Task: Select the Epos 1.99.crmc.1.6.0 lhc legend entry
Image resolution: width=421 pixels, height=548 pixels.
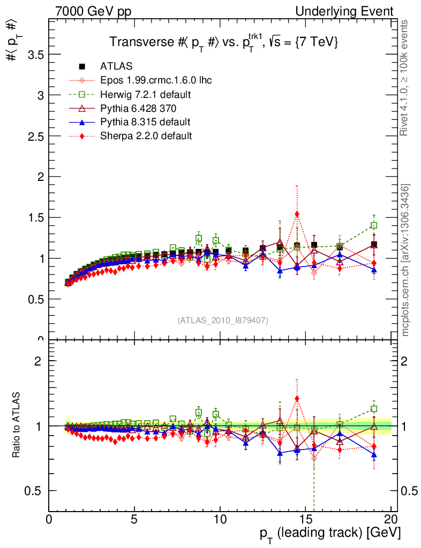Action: coord(156,80)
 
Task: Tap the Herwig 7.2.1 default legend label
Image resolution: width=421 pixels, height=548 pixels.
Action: coord(146,94)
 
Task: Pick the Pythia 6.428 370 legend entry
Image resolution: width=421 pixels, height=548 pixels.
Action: coord(141,108)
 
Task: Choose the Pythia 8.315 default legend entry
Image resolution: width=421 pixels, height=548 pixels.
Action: coord(145,122)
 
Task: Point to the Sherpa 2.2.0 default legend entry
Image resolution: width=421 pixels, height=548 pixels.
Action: coord(146,136)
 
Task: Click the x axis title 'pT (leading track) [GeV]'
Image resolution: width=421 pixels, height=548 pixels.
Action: coord(330,534)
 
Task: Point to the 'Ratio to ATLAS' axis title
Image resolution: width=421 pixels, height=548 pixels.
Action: coord(18,425)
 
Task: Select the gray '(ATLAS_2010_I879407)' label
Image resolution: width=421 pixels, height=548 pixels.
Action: coord(222,321)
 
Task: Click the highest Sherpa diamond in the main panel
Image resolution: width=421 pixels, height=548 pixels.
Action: coord(297,214)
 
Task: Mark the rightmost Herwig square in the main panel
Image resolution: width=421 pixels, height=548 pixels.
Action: coord(374,225)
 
